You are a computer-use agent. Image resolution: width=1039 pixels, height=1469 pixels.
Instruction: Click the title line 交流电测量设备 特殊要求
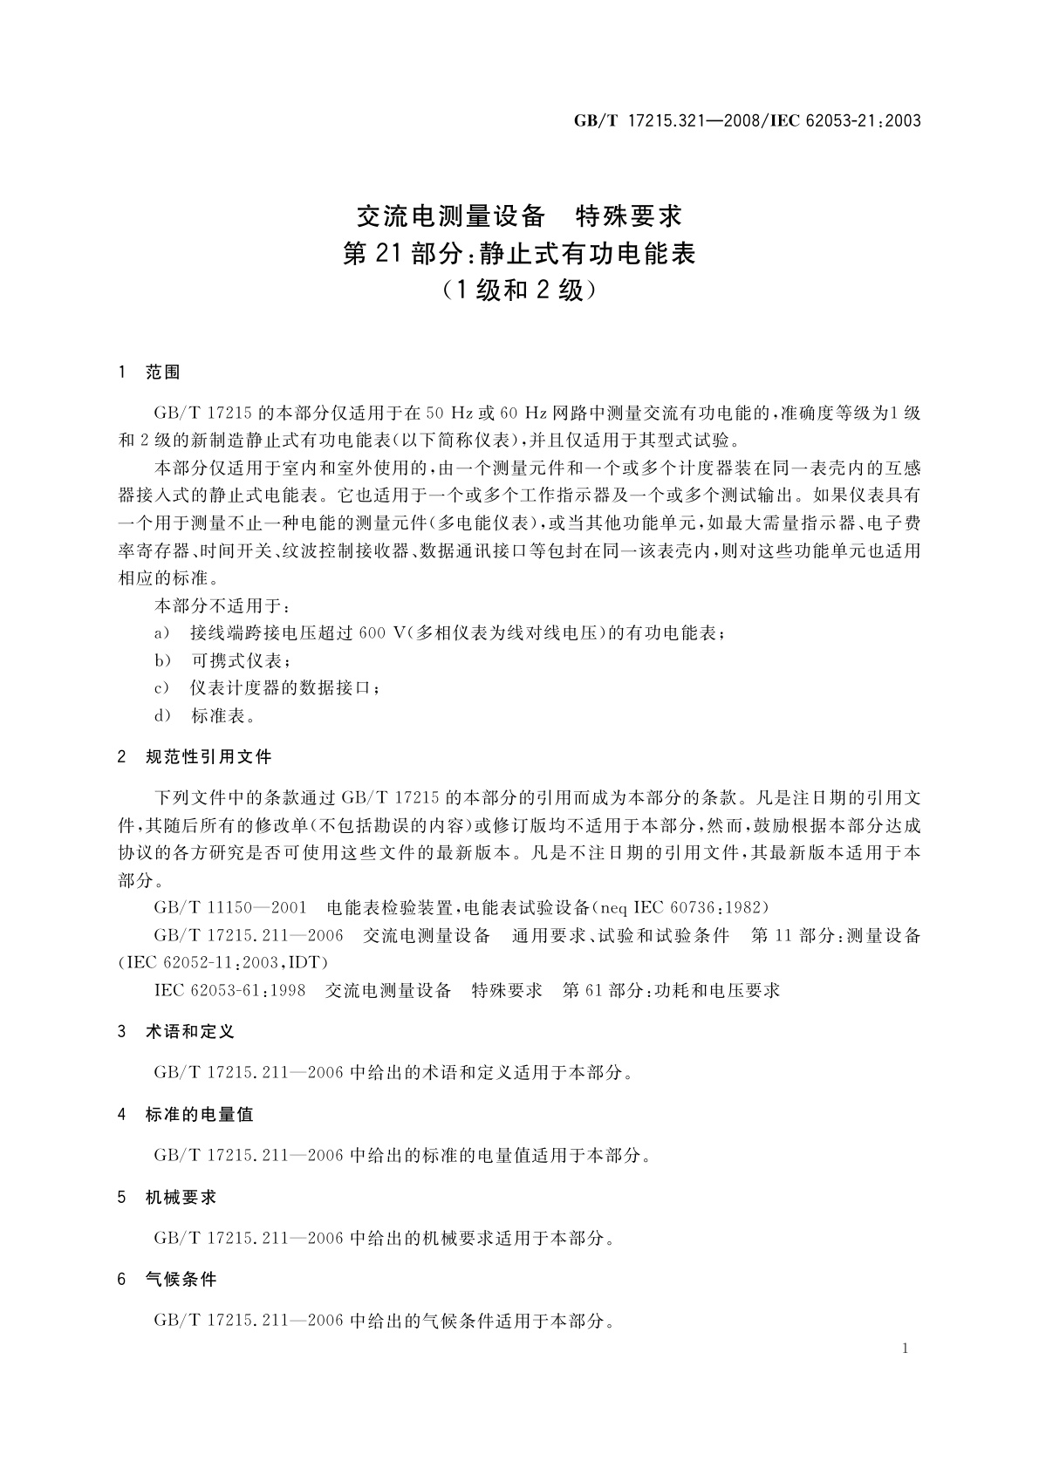[x=519, y=215]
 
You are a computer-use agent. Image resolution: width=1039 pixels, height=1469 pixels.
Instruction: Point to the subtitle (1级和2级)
[x=519, y=290]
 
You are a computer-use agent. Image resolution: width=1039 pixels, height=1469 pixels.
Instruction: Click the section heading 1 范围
[x=149, y=372]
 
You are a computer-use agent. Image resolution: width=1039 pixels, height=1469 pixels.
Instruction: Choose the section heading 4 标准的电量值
[x=186, y=1114]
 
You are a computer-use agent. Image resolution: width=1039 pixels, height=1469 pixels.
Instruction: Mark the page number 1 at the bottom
[x=905, y=1349]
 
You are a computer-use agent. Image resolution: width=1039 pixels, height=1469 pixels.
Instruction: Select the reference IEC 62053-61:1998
[x=229, y=990]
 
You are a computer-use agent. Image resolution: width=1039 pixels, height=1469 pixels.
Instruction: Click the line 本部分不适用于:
[x=222, y=605]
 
